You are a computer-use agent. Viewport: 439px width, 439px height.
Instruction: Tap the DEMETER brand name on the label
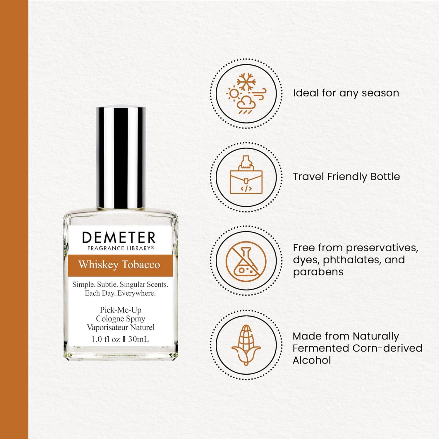point(119,238)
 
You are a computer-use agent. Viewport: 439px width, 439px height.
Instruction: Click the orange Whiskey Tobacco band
point(119,265)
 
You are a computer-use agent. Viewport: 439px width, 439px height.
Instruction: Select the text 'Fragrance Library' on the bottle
point(119,248)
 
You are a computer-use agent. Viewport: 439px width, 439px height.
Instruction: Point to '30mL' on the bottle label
point(138,339)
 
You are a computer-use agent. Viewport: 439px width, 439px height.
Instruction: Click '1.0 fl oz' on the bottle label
point(106,339)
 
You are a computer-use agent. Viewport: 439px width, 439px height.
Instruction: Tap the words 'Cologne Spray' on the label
point(121,319)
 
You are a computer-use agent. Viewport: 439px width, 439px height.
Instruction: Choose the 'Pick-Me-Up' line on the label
point(121,310)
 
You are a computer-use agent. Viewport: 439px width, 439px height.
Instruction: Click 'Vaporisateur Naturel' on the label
point(121,327)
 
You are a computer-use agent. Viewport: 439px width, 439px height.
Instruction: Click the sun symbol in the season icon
point(233,94)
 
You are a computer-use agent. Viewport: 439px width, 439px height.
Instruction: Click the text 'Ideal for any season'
point(346,93)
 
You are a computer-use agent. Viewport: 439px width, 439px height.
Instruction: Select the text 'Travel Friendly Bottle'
point(346,176)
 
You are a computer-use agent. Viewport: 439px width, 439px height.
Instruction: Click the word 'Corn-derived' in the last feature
point(387,348)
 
